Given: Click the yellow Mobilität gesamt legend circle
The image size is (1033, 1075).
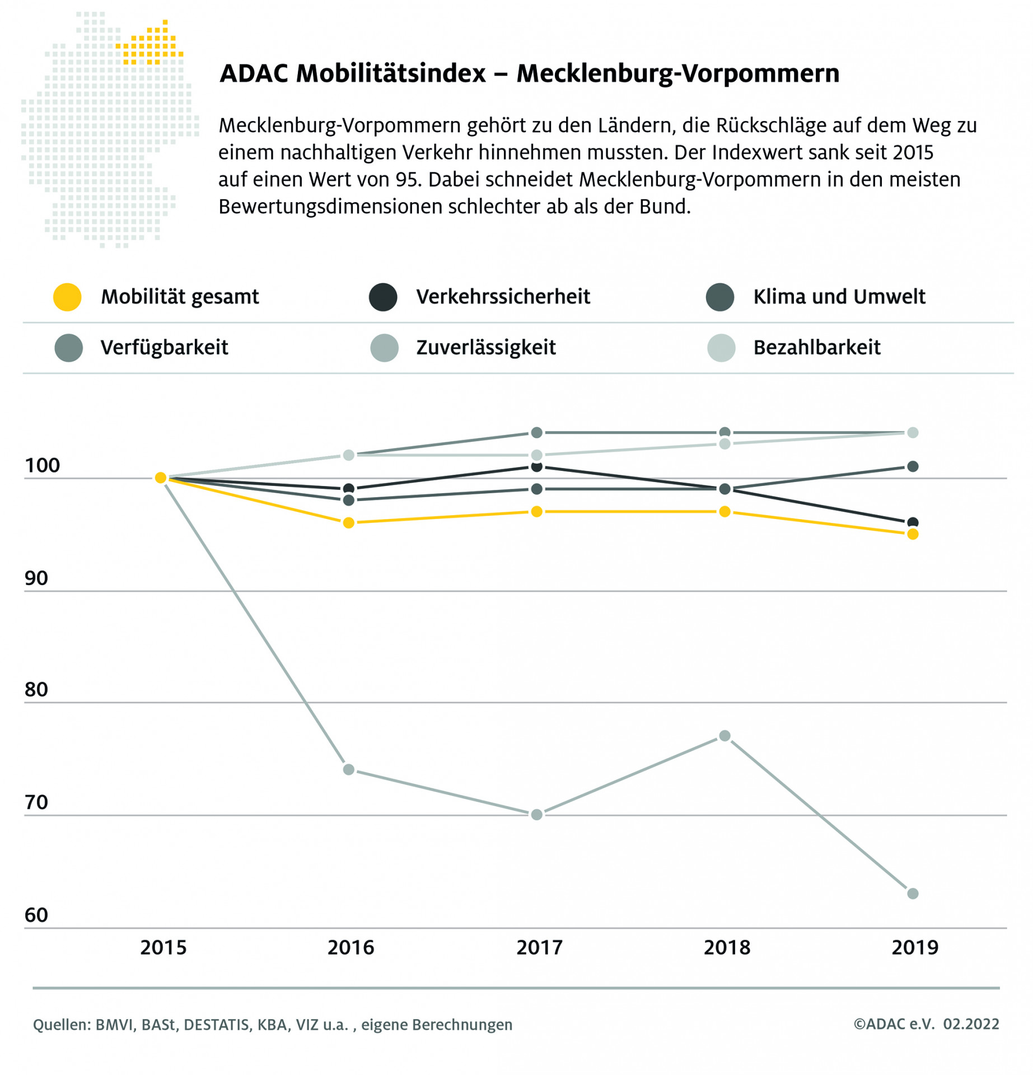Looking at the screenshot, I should (x=67, y=297).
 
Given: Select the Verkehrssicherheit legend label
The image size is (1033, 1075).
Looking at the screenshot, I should (x=503, y=297).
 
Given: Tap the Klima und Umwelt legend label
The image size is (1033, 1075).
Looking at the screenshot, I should (x=839, y=297).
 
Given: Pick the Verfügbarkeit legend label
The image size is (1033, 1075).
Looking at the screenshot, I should (x=164, y=348).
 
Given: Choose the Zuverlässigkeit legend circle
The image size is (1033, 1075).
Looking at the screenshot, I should (x=384, y=348).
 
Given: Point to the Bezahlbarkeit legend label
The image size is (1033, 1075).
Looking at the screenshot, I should (x=816, y=348).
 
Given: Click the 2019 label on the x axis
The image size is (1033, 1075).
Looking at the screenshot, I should (x=914, y=947).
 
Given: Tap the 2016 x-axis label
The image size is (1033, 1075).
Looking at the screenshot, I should (x=350, y=947).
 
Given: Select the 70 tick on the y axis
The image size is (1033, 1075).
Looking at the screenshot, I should (x=36, y=803).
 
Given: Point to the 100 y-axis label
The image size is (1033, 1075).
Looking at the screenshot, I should (x=42, y=465).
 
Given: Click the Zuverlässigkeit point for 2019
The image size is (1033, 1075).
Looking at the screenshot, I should (x=912, y=893).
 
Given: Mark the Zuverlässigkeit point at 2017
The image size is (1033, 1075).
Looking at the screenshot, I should (x=536, y=814).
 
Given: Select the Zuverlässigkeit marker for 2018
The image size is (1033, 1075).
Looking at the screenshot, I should (x=724, y=736).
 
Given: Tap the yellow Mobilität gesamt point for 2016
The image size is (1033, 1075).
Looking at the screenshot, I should (x=348, y=522).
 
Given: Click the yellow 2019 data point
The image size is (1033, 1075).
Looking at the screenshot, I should (x=912, y=534).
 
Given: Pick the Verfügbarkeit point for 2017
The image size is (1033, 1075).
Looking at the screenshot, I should (x=536, y=432).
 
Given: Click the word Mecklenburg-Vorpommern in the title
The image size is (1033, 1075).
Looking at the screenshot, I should (x=677, y=73).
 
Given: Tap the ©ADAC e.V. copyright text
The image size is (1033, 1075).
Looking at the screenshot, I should (x=894, y=1024).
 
